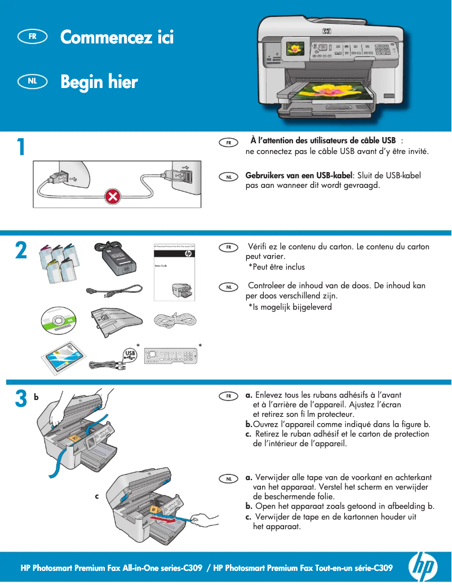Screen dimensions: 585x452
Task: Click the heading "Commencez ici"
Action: coord(117,37)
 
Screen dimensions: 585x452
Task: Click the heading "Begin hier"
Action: coord(99,82)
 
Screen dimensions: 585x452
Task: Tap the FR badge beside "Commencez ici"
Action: coord(33,36)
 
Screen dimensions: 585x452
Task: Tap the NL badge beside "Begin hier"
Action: coord(33,81)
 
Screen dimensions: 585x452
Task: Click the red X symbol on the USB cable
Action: coord(113,197)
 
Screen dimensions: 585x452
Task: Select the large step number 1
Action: coord(20,147)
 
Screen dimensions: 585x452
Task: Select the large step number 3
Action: coord(21,399)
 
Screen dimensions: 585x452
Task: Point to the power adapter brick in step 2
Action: coord(119,261)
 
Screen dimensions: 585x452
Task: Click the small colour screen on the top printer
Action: coord(295,49)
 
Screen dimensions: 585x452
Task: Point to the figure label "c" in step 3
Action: coord(96,496)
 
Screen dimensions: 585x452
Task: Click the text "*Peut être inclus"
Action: coord(276,267)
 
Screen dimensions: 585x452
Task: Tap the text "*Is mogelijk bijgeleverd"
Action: coord(290,307)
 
